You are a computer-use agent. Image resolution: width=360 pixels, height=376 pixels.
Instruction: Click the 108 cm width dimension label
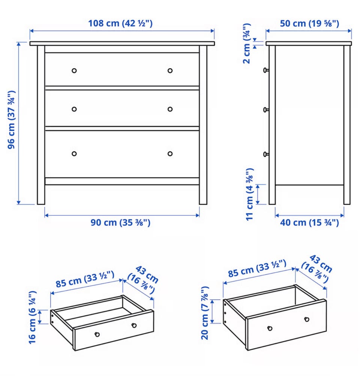120,24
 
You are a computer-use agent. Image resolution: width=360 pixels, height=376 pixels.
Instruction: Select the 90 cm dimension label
120,222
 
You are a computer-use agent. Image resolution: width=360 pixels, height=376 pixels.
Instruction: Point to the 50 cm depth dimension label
309,24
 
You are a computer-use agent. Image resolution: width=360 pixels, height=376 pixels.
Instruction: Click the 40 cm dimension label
309,222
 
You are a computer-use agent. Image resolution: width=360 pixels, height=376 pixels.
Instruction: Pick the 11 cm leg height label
250,194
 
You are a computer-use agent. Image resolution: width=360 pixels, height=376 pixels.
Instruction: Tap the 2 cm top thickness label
247,43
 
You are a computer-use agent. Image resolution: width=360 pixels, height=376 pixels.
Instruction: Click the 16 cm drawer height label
32,318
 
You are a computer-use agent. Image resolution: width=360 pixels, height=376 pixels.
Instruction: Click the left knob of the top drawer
74,70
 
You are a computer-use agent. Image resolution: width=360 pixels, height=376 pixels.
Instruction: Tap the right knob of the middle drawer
170,109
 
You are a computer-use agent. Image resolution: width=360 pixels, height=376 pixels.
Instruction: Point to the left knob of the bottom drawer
74,154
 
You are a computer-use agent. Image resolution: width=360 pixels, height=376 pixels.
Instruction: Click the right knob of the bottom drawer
170,154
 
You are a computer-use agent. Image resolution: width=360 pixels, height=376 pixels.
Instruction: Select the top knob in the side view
266,70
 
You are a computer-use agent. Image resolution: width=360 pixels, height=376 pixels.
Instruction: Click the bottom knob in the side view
266,154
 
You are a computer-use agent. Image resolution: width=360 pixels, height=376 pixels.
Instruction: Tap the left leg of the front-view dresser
41,125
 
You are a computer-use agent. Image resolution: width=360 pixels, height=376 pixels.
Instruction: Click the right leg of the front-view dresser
203,125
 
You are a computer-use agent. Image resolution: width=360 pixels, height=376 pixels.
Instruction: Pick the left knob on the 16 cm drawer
97,334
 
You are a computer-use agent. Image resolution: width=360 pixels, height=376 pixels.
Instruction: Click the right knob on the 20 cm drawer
307,319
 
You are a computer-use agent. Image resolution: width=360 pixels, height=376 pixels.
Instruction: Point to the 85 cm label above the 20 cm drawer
257,269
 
